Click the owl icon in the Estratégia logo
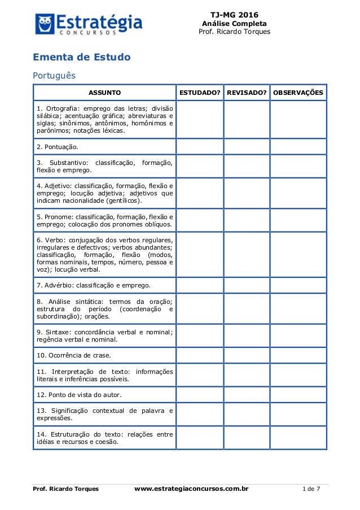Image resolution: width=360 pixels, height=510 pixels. (x=45, y=24)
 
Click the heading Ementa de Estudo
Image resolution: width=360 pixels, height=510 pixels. (x=82, y=58)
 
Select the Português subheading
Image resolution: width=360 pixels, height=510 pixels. (x=54, y=75)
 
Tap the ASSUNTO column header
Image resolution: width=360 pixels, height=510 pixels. (x=104, y=92)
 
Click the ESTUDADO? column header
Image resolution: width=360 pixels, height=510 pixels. (x=200, y=92)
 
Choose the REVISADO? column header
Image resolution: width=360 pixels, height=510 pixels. (x=246, y=92)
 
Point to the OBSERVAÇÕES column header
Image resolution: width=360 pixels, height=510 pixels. (x=298, y=92)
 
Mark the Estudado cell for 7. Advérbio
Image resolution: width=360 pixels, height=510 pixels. (x=200, y=285)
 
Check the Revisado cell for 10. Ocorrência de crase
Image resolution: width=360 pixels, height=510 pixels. (x=246, y=355)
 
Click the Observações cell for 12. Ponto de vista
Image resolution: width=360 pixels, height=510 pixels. (x=298, y=394)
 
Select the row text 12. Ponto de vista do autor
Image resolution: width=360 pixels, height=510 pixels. (x=79, y=394)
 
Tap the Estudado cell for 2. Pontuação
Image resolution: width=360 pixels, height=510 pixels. (x=200, y=147)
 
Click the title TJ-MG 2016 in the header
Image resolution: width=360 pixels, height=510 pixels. (x=234, y=14)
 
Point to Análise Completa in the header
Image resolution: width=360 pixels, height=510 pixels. (x=234, y=23)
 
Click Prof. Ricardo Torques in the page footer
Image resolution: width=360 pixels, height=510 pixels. (x=65, y=489)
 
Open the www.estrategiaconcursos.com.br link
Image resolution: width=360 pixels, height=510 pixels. (x=191, y=489)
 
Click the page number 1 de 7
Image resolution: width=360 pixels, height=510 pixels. (x=311, y=489)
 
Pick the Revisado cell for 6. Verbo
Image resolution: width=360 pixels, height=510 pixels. (x=246, y=254)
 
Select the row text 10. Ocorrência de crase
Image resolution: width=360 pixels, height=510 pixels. (x=74, y=355)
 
